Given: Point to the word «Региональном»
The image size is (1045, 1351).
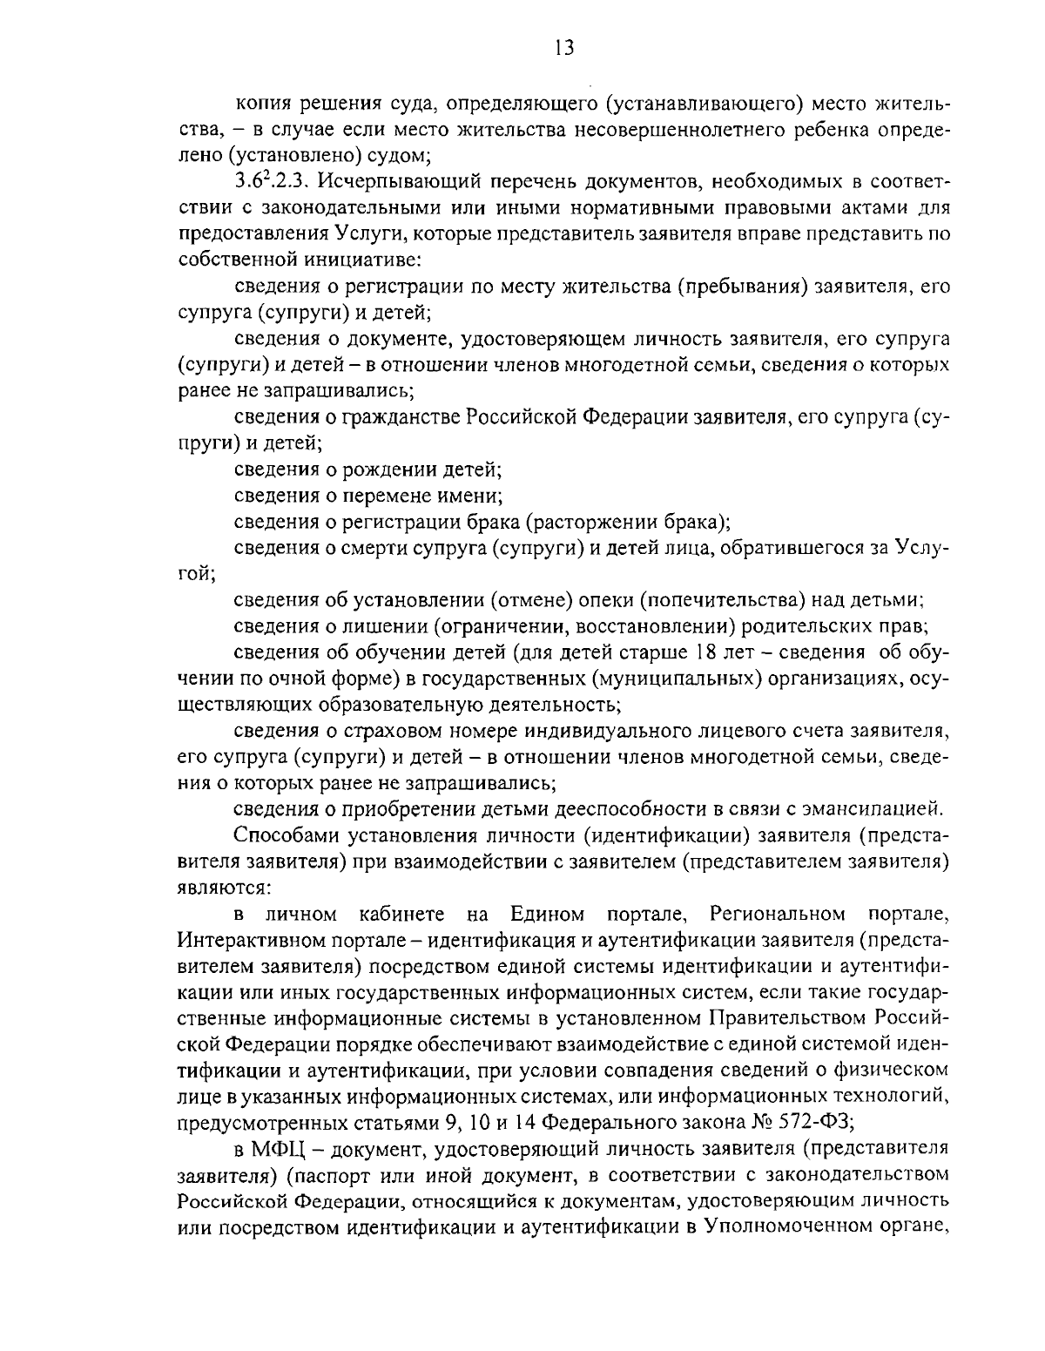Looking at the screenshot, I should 778,914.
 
